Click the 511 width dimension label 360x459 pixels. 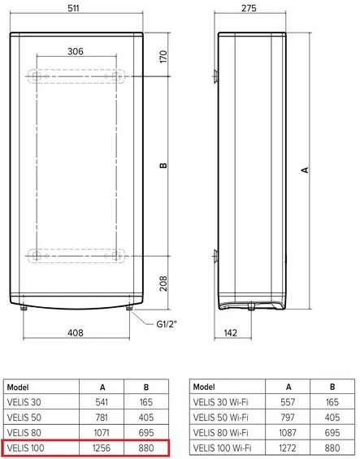click(x=73, y=8)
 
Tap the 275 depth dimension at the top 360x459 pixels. click(x=249, y=8)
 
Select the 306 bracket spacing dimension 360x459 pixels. click(x=76, y=51)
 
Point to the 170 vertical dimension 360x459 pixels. click(x=163, y=57)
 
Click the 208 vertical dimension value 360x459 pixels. click(x=163, y=284)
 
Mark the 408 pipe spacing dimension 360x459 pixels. click(x=76, y=333)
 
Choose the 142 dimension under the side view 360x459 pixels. click(x=231, y=333)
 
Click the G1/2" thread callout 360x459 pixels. click(x=167, y=324)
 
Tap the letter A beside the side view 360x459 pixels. click(x=305, y=170)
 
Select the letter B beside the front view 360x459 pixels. click(x=163, y=166)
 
